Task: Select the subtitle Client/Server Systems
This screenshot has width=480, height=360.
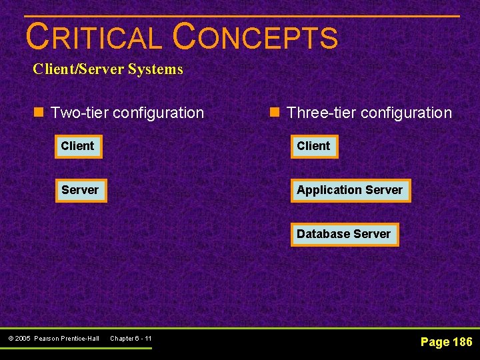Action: click(108, 69)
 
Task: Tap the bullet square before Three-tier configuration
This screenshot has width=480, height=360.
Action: click(275, 113)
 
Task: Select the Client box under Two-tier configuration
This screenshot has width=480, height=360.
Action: click(78, 146)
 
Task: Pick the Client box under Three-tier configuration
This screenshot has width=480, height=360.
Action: click(314, 146)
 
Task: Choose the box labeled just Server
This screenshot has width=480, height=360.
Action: click(80, 190)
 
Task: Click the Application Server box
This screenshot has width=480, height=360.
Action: click(350, 190)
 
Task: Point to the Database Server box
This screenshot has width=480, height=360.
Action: click(344, 234)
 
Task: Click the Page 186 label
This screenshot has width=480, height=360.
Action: click(446, 342)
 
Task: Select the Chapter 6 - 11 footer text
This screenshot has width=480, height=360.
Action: click(131, 339)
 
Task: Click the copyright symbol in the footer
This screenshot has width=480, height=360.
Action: click(10, 339)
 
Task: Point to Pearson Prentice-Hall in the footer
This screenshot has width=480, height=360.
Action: click(67, 339)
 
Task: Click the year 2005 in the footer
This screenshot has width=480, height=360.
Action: click(23, 339)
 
